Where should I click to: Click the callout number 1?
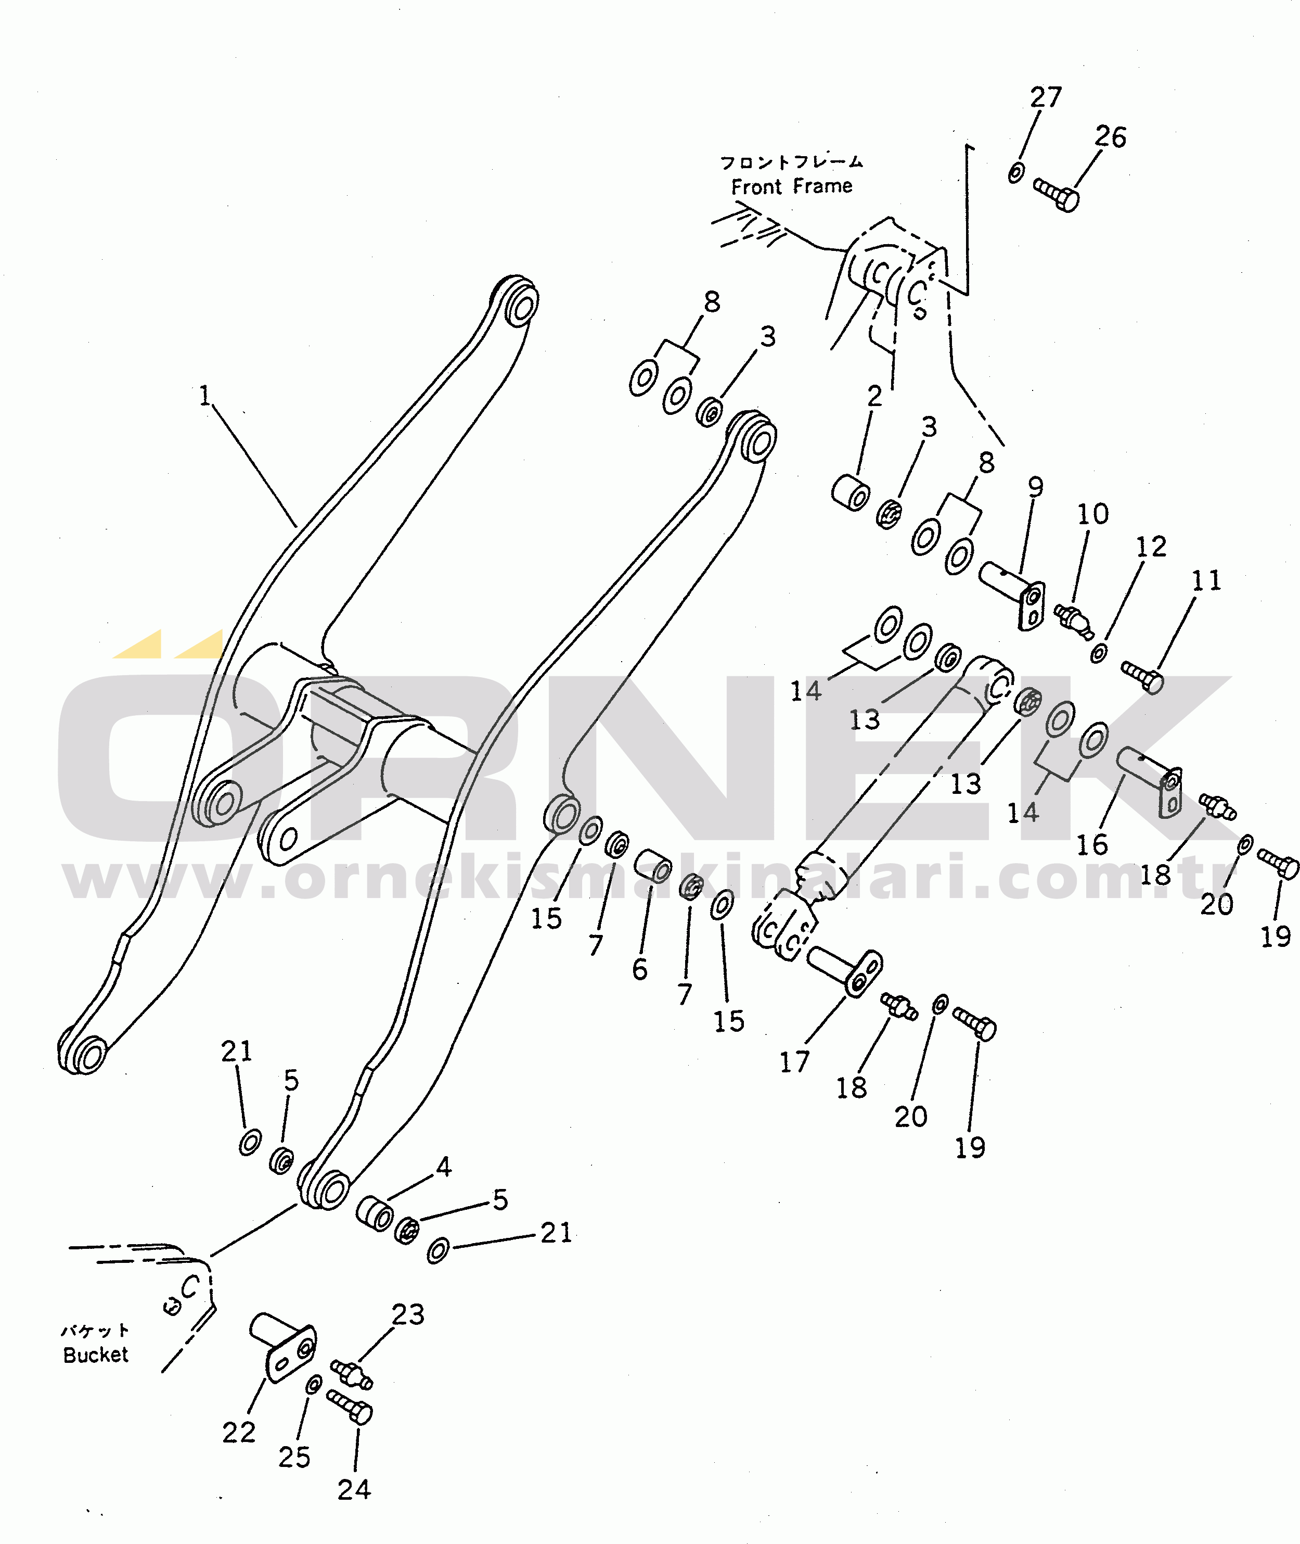tap(205, 396)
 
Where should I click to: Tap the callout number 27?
tap(1046, 97)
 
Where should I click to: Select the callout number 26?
tap(1110, 136)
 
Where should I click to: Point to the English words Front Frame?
tap(792, 186)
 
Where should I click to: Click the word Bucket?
tap(96, 1355)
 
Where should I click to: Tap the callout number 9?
tap(1035, 487)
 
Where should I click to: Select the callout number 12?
tap(1150, 547)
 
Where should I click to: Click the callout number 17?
tap(794, 1062)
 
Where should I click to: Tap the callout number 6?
tap(640, 970)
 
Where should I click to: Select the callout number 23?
tap(407, 1314)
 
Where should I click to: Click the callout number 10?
tap(1092, 514)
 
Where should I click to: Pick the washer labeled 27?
tap(1015, 172)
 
